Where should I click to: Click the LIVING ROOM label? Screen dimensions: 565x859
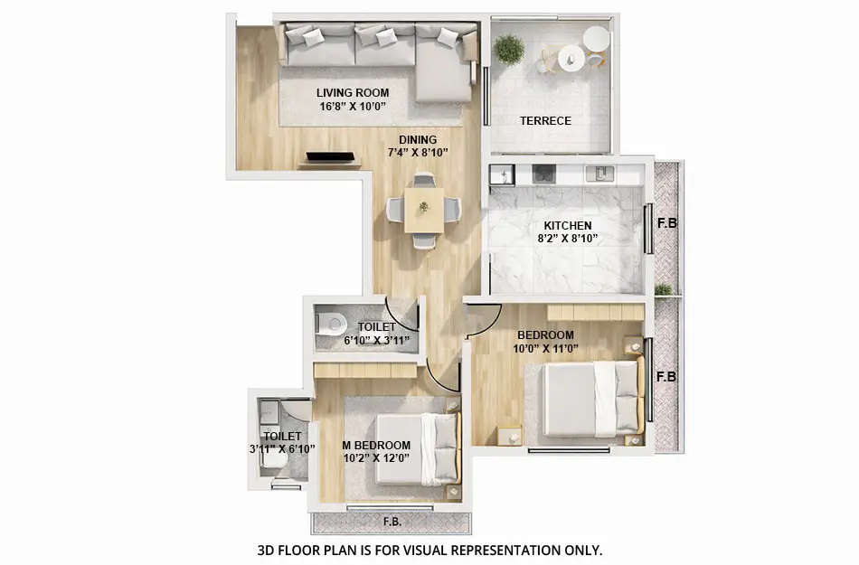coord(353,92)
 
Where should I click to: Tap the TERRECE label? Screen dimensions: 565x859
coord(545,120)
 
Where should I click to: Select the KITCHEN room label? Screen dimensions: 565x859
coord(568,225)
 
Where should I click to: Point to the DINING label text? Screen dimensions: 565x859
coord(419,139)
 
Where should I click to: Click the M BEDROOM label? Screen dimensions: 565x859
coord(376,445)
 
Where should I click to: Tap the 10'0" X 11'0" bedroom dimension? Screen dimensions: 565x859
coord(545,348)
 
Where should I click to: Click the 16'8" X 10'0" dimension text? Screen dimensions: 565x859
coord(353,106)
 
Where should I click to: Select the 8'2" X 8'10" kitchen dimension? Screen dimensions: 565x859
coord(568,239)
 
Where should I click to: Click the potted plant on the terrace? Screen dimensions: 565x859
coord(509,49)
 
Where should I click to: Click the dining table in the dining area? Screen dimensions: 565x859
coord(423,208)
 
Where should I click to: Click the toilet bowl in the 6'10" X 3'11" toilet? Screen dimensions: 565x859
coord(332,323)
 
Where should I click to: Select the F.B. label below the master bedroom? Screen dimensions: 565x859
coord(392,522)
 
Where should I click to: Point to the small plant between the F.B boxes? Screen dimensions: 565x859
coord(665,289)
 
